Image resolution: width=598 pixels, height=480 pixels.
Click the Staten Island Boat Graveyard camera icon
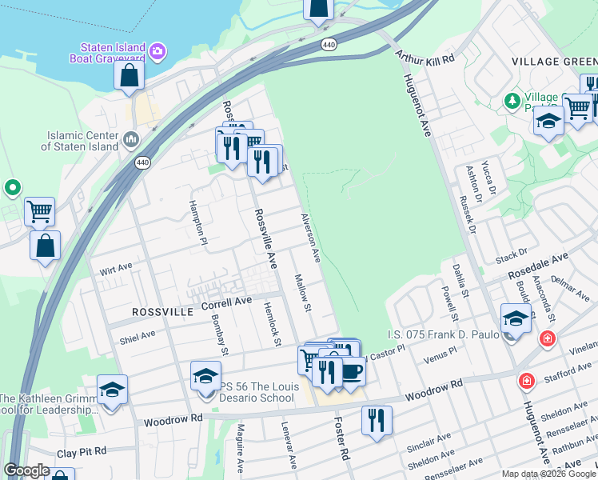(x=158, y=52)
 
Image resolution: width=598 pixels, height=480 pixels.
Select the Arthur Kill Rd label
(x=425, y=59)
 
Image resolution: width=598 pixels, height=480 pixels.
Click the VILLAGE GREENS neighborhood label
(x=554, y=62)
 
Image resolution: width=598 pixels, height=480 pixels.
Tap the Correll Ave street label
(x=226, y=303)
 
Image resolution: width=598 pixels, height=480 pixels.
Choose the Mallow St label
(x=302, y=293)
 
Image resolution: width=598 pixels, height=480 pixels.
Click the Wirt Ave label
(x=117, y=269)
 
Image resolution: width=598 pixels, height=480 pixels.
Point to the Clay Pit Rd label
(x=82, y=452)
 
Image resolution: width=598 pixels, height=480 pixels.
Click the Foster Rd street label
(x=341, y=440)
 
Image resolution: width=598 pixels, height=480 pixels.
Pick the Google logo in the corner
(x=26, y=470)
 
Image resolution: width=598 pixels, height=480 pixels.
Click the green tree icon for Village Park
(x=512, y=101)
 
